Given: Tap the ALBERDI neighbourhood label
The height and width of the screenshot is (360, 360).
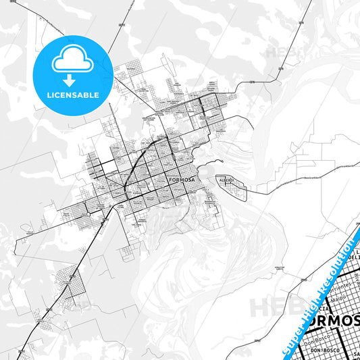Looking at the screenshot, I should pyautogui.click(x=224, y=180).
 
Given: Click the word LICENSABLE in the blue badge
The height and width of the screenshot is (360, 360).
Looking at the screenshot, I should pyautogui.click(x=74, y=95).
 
